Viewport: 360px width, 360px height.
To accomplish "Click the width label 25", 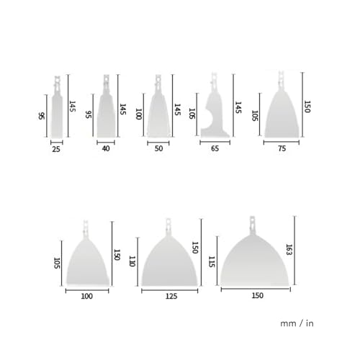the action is pyautogui.click(x=56, y=149).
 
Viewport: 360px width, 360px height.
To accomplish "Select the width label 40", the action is pyautogui.click(x=106, y=148).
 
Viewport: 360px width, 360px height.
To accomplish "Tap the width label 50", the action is pyautogui.click(x=158, y=148).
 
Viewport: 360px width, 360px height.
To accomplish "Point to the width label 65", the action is pyautogui.click(x=215, y=148).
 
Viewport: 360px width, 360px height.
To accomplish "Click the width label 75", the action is pyautogui.click(x=282, y=148).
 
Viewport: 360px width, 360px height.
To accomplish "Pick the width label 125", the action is pyautogui.click(x=171, y=296).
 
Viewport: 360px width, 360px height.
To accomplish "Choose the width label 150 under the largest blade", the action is pyautogui.click(x=258, y=295).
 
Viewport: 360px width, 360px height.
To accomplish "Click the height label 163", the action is pyautogui.click(x=289, y=250).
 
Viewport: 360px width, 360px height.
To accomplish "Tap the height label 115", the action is pyautogui.click(x=212, y=261).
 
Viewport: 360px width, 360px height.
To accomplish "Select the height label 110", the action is pyautogui.click(x=132, y=261).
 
